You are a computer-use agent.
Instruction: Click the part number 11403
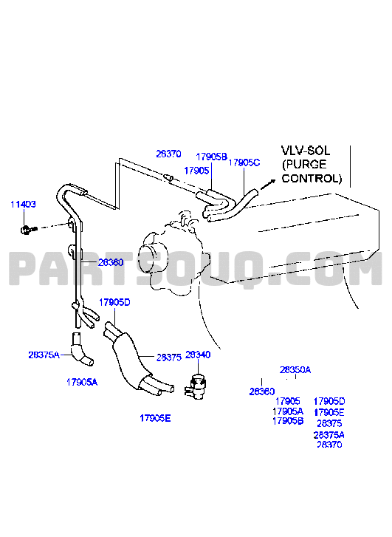(24, 205)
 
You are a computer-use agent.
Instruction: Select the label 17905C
(244, 163)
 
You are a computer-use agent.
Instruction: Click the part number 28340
(198, 355)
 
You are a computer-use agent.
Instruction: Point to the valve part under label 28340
(196, 387)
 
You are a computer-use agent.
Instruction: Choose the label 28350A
(295, 370)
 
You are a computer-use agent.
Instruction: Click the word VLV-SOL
(306, 151)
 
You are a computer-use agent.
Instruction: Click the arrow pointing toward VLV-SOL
(268, 184)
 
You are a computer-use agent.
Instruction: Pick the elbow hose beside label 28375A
(81, 349)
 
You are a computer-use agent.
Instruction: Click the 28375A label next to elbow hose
(44, 355)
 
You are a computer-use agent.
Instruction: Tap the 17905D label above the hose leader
(114, 302)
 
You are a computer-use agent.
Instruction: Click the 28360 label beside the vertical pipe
(111, 263)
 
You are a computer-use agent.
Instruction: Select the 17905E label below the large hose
(155, 418)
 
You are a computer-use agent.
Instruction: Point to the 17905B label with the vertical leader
(212, 157)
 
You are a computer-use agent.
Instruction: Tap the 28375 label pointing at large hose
(169, 358)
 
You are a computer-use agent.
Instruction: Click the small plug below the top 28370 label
(168, 177)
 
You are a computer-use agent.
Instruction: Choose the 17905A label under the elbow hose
(82, 382)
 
